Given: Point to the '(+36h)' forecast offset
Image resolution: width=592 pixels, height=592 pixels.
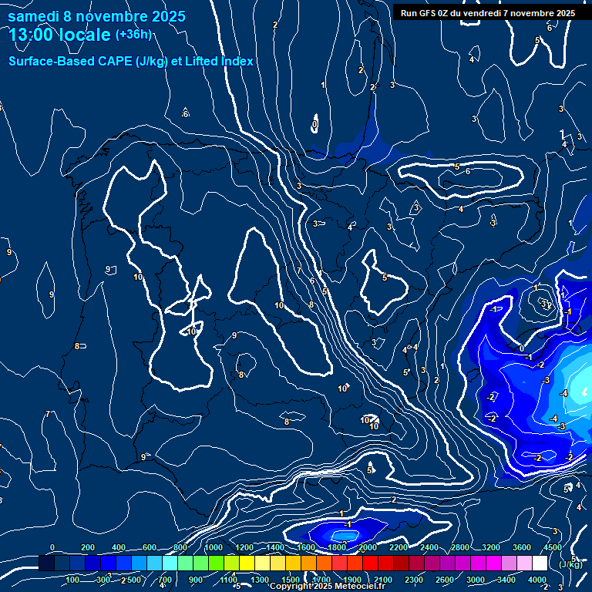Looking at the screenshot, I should coord(133,35).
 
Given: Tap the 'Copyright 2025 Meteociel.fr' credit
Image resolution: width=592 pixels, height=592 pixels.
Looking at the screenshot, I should coord(321,587).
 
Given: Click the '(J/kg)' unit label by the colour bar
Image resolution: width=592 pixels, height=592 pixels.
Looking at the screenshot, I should coord(570,564).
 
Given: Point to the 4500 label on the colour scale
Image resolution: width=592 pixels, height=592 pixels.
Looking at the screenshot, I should coord(552,547).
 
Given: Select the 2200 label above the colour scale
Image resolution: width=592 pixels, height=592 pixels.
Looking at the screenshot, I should coord(399,547).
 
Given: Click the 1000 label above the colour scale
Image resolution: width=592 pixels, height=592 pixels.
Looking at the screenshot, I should coord(214,547).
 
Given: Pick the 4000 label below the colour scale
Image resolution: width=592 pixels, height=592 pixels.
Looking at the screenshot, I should coord(537,580).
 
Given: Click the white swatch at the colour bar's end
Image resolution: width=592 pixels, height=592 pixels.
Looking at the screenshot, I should coord(539,563).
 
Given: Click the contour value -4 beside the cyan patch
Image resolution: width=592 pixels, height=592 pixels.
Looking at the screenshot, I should coord(563,393).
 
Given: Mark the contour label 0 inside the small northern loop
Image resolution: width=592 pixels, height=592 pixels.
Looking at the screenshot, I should coord(314,123).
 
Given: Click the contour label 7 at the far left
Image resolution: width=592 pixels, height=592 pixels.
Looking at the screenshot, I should coord(47,414).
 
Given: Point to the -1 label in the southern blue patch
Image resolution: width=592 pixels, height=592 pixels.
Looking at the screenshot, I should coord(348,524).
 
